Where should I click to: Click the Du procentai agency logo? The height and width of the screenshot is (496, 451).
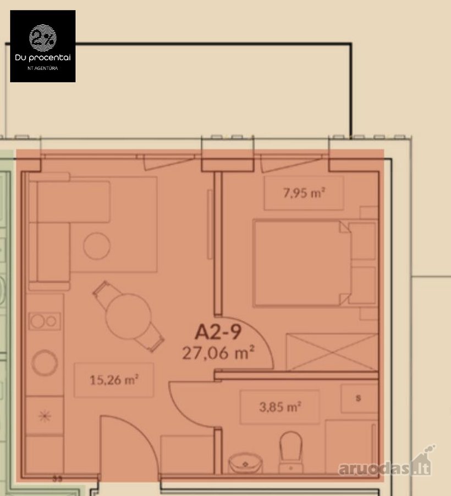42,46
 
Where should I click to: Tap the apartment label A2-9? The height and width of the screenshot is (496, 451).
218,332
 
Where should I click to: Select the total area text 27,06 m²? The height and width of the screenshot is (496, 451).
218,352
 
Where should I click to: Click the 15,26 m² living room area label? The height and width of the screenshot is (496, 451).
114,380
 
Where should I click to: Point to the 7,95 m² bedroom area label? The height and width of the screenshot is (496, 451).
304,193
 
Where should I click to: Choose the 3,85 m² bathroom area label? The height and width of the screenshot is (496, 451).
280,407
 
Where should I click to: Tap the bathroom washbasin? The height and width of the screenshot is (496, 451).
245,463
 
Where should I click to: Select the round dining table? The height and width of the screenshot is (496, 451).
129,316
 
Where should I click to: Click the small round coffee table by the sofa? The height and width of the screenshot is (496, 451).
97,246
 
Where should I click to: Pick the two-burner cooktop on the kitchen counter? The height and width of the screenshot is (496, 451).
45,321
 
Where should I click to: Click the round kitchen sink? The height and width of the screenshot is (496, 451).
45,363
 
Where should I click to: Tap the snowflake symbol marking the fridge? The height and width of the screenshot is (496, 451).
45,416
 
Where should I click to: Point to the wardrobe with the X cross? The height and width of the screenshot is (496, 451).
332,352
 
